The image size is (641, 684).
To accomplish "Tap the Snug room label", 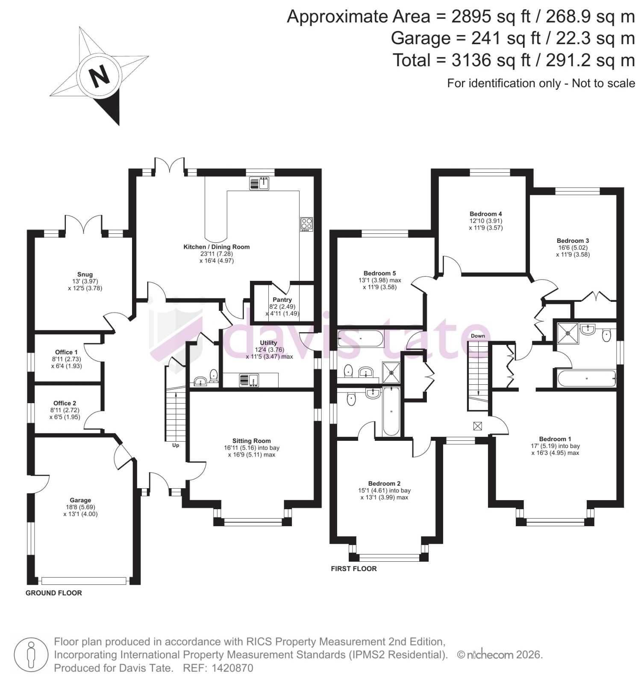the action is [85, 274].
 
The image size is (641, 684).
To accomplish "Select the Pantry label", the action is [282, 300].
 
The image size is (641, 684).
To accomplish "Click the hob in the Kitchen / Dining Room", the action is [307, 224].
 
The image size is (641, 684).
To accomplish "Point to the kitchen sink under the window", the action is [259, 183].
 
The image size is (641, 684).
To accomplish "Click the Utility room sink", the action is [249, 380].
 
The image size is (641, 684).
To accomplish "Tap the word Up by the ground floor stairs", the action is [176, 445].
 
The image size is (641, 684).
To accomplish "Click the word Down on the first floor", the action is [478, 336].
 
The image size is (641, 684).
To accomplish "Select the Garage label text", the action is [80, 500].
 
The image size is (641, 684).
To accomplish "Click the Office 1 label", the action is [66, 352].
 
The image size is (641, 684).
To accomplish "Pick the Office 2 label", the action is [65, 403].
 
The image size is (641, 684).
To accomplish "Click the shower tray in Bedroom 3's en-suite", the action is [567, 333].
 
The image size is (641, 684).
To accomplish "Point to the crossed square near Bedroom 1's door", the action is [477, 426].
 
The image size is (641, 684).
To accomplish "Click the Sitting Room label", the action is [251, 441].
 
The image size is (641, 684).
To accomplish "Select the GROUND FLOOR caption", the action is [54, 593].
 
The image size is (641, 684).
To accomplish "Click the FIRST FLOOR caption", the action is [354, 569].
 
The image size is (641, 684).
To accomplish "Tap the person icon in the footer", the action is [30, 655].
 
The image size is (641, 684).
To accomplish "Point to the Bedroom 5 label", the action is [379, 273].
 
